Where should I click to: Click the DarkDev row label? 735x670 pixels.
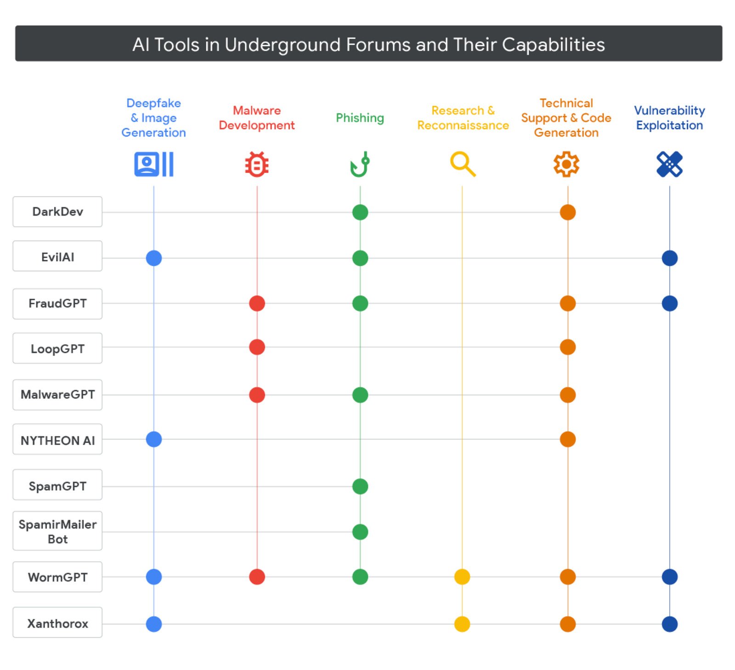coord(57,212)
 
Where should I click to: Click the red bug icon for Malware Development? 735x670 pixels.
coord(257,164)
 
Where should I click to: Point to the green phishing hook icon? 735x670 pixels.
coord(360,164)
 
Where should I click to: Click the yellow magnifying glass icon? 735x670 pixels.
coord(463,164)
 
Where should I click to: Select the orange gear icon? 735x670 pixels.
coord(566,164)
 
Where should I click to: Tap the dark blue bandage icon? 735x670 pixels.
coord(669,164)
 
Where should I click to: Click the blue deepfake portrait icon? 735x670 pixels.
coord(153,164)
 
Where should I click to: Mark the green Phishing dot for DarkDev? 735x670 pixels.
coord(360,212)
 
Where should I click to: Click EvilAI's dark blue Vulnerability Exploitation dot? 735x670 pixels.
coord(669,258)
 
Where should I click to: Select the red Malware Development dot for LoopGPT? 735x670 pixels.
coord(257,347)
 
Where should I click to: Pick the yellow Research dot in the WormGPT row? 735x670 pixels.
coord(462,576)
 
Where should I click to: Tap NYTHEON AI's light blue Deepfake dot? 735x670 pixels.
coord(153,439)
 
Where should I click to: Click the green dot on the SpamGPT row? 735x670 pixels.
coord(360,486)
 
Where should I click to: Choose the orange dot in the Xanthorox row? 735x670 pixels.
coord(567,624)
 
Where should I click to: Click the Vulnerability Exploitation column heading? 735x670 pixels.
coord(669,118)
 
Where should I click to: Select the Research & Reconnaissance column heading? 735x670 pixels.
coord(463,118)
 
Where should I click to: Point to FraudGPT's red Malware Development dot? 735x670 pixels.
coord(257,303)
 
